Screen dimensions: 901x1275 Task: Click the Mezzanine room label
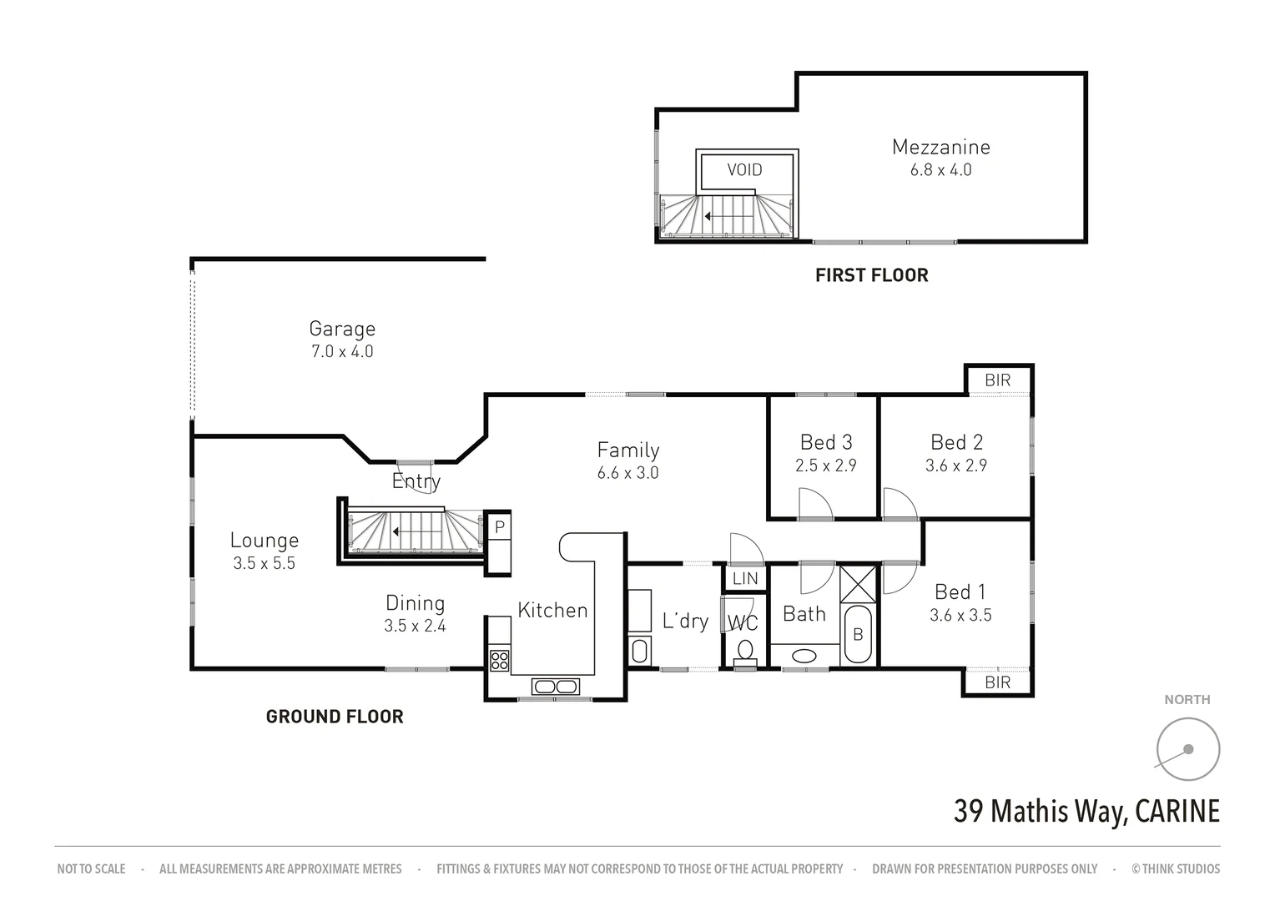tap(940, 147)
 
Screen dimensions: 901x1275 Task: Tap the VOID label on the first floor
tap(744, 170)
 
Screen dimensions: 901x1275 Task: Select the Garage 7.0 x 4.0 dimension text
tap(342, 351)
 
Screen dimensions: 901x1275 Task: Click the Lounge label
tap(264, 541)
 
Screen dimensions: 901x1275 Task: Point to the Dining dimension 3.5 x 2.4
tap(415, 626)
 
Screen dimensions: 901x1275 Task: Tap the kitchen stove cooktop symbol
tap(500, 660)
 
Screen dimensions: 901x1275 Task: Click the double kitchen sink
tap(555, 687)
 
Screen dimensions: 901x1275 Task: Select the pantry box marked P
tap(499, 527)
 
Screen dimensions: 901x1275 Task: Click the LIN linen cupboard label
tap(744, 578)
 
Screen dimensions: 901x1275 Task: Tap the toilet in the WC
tap(744, 650)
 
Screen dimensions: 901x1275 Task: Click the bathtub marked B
tap(857, 635)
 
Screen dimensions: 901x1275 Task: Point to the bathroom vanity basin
tap(804, 655)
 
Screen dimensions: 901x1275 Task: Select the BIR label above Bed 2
tap(997, 380)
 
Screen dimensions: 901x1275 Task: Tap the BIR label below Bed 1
tap(997, 682)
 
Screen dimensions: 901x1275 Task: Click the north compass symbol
tap(1187, 748)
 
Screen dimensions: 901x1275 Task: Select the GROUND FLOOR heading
tap(334, 717)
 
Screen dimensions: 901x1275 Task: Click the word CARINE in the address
tap(1178, 811)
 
